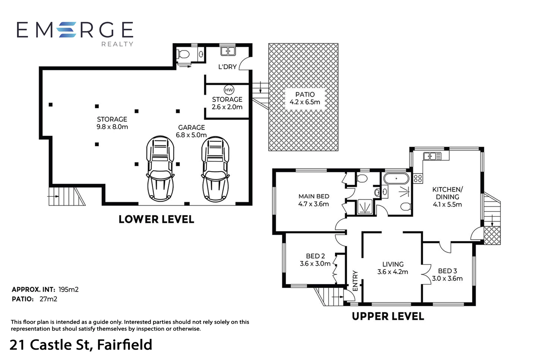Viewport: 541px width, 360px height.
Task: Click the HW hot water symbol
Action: (229, 90)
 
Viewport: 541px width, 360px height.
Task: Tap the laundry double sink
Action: (228, 51)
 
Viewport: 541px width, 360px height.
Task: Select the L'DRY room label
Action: (227, 67)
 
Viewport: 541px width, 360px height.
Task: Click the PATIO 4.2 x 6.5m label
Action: (305, 98)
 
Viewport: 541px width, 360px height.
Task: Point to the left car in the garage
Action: (160, 168)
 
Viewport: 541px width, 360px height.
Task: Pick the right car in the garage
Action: (216, 169)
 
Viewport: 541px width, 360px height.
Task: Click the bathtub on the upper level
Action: (396, 179)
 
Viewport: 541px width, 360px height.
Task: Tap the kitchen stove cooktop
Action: (418, 179)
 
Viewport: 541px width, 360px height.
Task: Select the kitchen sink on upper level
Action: (432, 156)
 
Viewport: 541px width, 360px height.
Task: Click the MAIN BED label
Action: (314, 196)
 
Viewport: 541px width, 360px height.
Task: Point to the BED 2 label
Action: (315, 256)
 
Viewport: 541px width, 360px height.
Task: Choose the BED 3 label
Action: (447, 271)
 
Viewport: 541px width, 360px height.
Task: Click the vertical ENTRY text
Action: (355, 281)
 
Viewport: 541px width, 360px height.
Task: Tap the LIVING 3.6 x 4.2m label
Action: (393, 268)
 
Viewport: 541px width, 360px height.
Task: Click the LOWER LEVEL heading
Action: (157, 219)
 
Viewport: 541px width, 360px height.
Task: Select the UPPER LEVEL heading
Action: (388, 316)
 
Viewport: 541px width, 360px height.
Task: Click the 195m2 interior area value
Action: (69, 289)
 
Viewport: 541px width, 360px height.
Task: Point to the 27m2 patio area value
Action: (48, 299)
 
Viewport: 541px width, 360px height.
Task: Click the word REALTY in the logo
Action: (117, 44)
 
